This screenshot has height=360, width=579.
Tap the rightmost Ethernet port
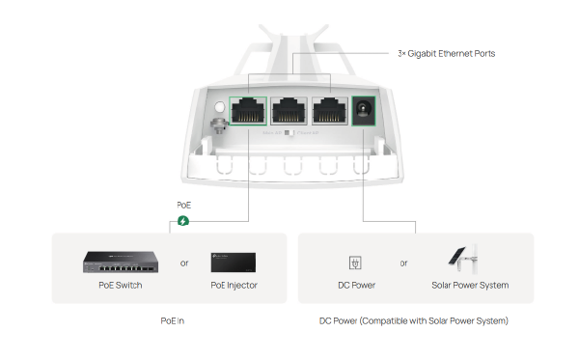coord(329,113)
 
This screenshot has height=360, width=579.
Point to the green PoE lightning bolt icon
coord(184,221)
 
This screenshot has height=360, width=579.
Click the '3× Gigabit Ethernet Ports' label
coord(446,54)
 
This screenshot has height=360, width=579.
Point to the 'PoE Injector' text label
coord(234,285)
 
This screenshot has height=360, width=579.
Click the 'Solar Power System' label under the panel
coord(470,285)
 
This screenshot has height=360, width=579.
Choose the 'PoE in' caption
coord(173,319)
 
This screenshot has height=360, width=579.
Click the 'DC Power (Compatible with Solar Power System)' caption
coord(413,319)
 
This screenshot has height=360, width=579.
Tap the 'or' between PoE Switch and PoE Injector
coord(184,262)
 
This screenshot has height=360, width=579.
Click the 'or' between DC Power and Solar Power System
coord(403,262)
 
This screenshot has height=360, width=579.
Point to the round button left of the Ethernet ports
coord(220,108)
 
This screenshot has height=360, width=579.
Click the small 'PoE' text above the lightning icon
coord(184,206)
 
